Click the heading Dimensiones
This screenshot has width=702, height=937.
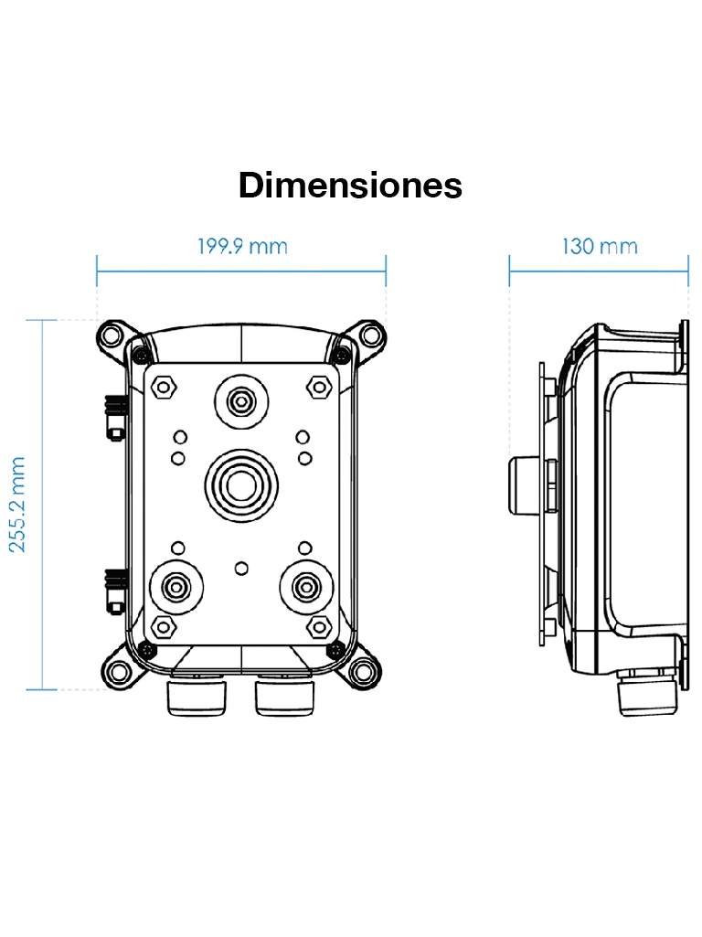pos(350,186)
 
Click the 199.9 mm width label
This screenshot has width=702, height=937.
pos(242,247)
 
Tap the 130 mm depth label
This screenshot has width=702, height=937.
pos(599,247)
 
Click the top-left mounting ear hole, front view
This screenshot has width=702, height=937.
pos(114,335)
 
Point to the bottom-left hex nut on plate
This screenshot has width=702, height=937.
pos(164,625)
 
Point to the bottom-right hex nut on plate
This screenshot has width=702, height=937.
pos(319,625)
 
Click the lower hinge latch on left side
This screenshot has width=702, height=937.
pos(114,590)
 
